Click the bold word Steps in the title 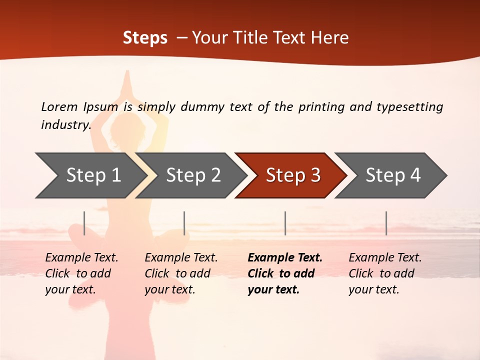point(145,38)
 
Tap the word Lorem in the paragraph point(59,106)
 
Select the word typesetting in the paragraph point(409,106)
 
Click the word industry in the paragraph point(65,124)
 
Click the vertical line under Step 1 point(84,223)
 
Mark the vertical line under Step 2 point(184,223)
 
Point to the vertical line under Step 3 point(285,223)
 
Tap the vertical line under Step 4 point(386,223)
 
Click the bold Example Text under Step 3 point(285,258)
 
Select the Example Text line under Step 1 point(81,258)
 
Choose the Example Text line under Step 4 point(385,258)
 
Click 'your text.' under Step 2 point(170,289)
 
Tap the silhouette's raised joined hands point(127,82)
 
